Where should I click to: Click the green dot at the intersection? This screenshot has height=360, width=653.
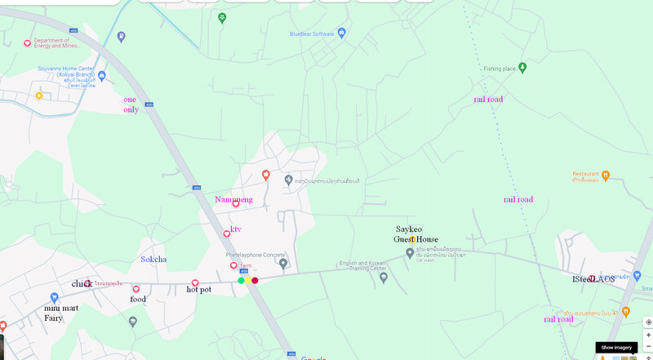click(241, 281)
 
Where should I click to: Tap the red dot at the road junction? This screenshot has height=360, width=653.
click(255, 281)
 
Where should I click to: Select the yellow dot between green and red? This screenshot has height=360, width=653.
click(247, 281)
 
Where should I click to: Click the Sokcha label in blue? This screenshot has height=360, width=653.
click(153, 260)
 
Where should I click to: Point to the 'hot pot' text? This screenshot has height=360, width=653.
click(198, 290)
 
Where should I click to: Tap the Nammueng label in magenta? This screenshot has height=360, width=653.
click(233, 199)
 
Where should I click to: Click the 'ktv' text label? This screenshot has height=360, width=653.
click(236, 229)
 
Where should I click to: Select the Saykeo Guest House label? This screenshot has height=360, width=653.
click(416, 234)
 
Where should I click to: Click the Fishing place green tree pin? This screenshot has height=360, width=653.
click(522, 66)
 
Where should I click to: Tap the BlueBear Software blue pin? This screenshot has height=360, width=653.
click(342, 33)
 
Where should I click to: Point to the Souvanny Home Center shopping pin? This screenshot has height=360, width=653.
click(38, 96)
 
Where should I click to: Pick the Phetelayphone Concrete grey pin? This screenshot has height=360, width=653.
click(283, 264)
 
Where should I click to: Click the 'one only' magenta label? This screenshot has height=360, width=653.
click(131, 104)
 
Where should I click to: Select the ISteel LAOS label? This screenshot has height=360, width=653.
click(593, 279)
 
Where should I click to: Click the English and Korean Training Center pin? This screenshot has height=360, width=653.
click(384, 278)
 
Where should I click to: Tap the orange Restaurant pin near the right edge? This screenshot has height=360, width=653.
click(606, 174)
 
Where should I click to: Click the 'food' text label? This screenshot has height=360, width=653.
click(137, 300)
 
